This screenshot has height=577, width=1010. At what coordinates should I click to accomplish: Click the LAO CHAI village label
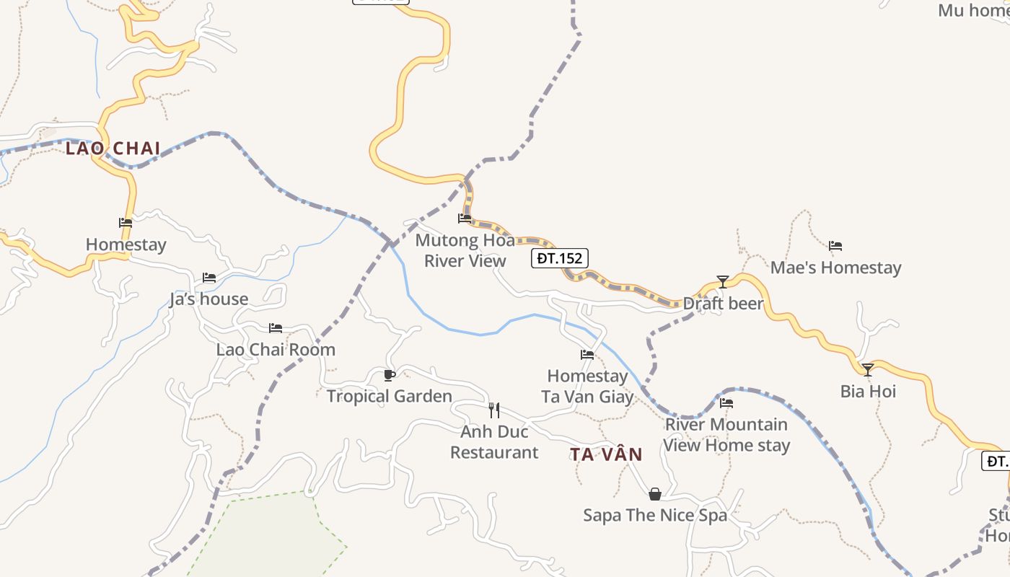coord(113,149)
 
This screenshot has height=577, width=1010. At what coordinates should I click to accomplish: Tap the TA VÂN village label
coord(606,454)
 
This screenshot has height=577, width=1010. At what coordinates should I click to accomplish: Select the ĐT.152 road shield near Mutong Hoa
coord(560,258)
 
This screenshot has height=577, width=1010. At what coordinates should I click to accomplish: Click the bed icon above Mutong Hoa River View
coord(465,218)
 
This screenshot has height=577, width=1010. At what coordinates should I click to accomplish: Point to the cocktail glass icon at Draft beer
coord(723,281)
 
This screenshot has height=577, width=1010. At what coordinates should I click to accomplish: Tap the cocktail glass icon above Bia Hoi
coord(868,370)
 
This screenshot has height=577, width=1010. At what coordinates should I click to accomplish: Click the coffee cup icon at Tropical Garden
coord(390,375)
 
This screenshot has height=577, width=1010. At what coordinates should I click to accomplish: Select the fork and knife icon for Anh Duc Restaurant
coord(494,410)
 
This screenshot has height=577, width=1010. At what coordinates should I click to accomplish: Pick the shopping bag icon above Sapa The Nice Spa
coord(655,494)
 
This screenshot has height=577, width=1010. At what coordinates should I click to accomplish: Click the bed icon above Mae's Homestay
coord(835,246)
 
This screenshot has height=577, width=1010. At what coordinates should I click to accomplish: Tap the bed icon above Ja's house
coord(209,278)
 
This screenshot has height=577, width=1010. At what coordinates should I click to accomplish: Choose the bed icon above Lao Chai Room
coord(276,328)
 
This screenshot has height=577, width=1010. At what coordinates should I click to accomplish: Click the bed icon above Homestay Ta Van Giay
coord(587,355)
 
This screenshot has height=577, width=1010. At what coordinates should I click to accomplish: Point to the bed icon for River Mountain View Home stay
coord(726,403)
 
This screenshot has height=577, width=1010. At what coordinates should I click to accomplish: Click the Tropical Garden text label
coord(390,396)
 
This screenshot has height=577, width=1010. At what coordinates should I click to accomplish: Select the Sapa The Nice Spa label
coord(655,515)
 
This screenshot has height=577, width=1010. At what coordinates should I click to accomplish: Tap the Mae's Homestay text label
coord(835,268)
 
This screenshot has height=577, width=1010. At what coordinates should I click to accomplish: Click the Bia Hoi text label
coord(868,392)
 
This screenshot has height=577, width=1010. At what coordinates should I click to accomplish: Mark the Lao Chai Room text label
coord(276,350)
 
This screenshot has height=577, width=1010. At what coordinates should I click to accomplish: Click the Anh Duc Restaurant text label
coord(494,442)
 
